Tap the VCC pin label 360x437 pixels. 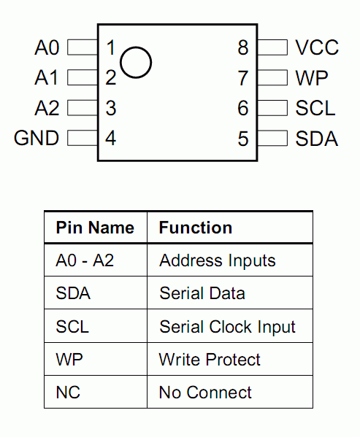[x=317, y=47]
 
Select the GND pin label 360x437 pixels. [x=37, y=138]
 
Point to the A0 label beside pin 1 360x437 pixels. [x=47, y=47]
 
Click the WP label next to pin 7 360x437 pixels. [x=312, y=78]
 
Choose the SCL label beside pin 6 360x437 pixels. [x=315, y=108]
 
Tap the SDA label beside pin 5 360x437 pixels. [x=317, y=138]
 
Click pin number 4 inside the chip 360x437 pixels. [x=111, y=138]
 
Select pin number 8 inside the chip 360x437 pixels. [x=243, y=47]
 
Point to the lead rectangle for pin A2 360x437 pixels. [x=83, y=107]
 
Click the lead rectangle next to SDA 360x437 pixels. [x=272, y=138]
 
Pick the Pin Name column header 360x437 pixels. [x=95, y=228]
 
